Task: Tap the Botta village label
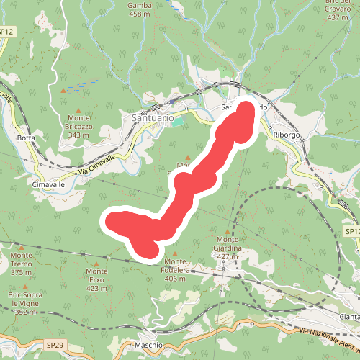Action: click(25, 137)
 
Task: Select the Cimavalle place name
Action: click(49, 184)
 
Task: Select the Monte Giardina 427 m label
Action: click(227, 248)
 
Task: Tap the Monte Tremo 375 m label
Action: click(22, 264)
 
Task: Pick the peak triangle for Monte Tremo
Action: click(12, 246)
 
